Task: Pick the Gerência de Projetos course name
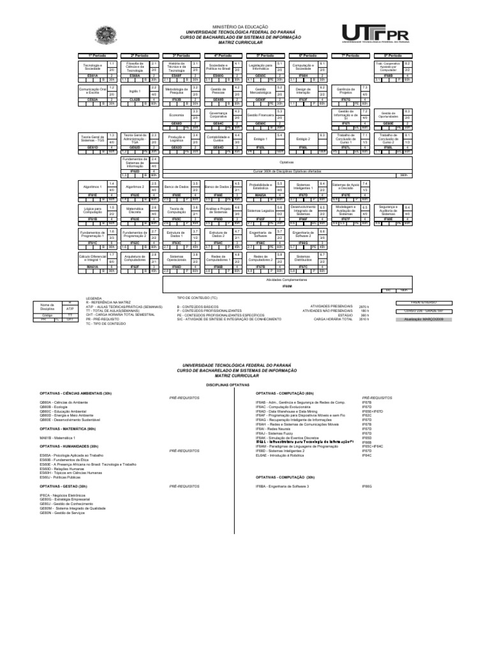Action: [345, 89]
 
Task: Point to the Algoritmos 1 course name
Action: [92, 186]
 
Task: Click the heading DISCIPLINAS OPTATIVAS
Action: [244, 385]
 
